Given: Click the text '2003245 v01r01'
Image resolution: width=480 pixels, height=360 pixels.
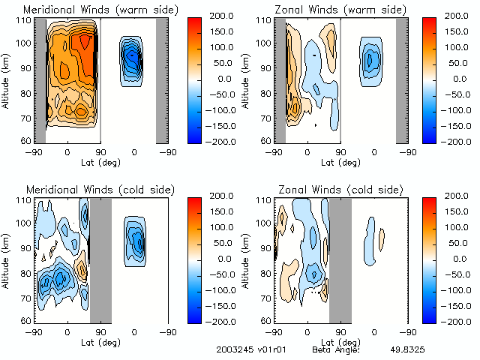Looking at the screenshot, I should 247,350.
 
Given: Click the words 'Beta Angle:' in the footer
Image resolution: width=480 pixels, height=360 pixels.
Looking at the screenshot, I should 336,350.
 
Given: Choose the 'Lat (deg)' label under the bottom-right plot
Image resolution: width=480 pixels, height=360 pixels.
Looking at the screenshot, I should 340,342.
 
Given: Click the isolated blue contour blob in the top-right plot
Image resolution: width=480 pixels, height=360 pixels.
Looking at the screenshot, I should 370,60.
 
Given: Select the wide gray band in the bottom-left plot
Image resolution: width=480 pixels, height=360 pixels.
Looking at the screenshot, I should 100,259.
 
